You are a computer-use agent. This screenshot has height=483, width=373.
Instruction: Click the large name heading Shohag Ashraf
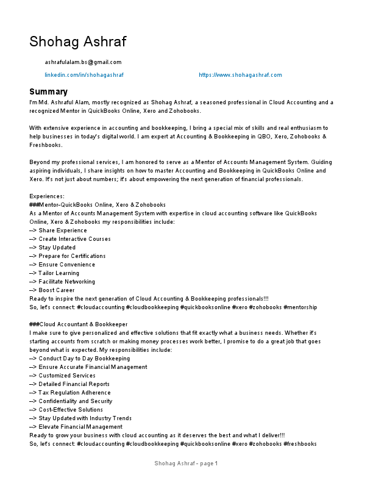(77, 41)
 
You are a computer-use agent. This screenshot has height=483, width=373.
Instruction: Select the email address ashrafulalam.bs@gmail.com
(83, 62)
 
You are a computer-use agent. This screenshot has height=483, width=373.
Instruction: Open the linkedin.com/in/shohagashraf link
(84, 75)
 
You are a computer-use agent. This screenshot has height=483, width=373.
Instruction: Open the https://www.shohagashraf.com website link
(240, 75)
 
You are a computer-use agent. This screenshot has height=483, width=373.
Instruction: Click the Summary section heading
(48, 91)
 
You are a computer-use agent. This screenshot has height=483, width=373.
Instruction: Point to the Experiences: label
(46, 196)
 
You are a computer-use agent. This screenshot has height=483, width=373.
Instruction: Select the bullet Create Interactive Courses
(71, 239)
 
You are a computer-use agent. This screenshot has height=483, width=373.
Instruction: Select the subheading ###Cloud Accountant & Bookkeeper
(79, 324)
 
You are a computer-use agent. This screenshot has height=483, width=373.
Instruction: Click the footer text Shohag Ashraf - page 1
(186, 464)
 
